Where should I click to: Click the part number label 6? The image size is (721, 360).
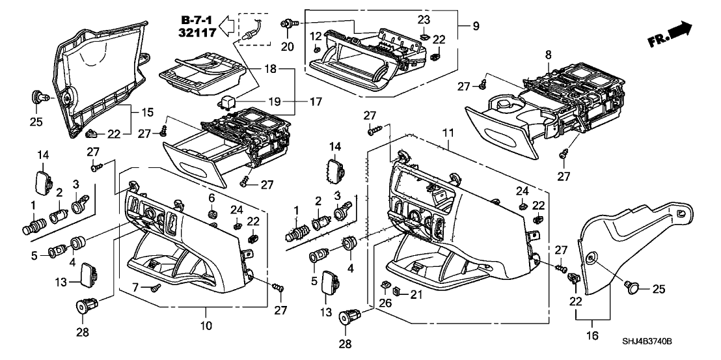coord(211,198)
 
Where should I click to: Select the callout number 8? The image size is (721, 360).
coord(549,55)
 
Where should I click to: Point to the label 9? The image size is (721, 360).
coord(476,27)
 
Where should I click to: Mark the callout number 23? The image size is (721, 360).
coord(424,19)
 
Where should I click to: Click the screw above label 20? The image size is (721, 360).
coord(287,23)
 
